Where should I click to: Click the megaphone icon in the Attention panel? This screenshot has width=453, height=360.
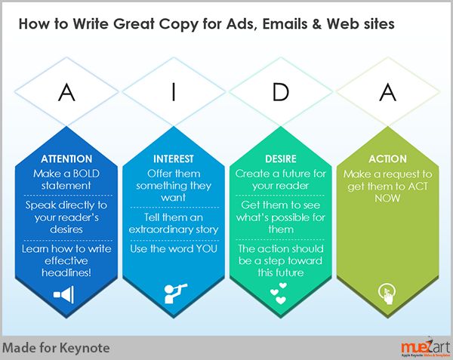(64, 294)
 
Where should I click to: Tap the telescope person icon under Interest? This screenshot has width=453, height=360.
(175, 294)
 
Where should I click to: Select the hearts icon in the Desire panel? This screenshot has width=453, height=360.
(279, 294)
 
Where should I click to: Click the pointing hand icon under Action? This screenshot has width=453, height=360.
(387, 294)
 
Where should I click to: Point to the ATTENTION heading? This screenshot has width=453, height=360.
(66, 158)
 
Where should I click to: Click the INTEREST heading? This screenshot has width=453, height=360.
(174, 158)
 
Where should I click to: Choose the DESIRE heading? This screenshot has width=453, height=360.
(281, 158)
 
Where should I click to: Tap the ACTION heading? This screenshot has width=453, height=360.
(387, 158)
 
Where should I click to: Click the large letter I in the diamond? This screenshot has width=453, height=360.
(174, 92)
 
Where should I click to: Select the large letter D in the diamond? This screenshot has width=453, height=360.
(281, 92)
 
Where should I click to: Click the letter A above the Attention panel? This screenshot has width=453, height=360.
(66, 92)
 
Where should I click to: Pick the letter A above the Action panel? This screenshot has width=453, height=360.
(388, 92)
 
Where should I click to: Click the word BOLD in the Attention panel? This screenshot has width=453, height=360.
(86, 174)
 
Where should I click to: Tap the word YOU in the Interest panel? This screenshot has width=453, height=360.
(206, 249)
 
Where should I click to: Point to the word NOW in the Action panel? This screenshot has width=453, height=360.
(387, 198)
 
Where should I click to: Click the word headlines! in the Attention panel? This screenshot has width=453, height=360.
(66, 272)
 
